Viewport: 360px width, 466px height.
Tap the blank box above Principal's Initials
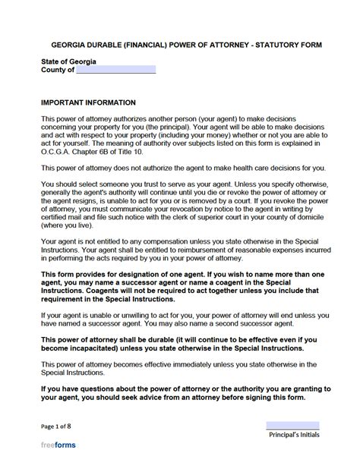[292, 426]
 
